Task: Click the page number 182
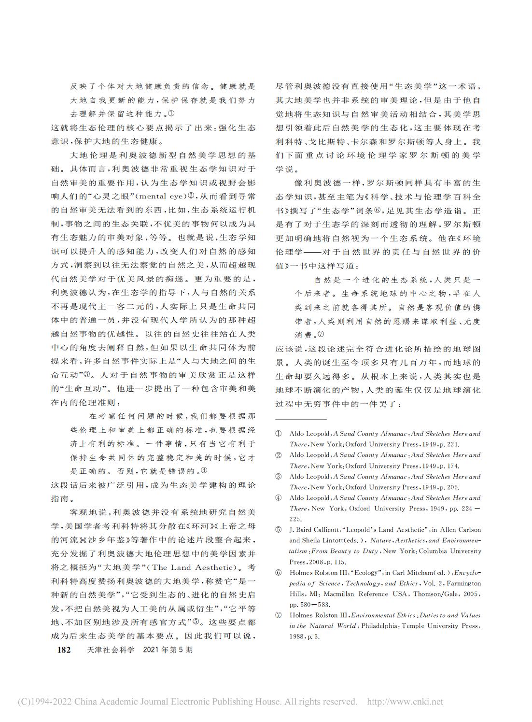(64, 650)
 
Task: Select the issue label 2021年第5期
(168, 650)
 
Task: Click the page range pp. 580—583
(309, 604)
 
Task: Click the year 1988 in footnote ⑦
(297, 637)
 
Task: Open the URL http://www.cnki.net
(405, 702)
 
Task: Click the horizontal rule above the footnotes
(301, 419)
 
